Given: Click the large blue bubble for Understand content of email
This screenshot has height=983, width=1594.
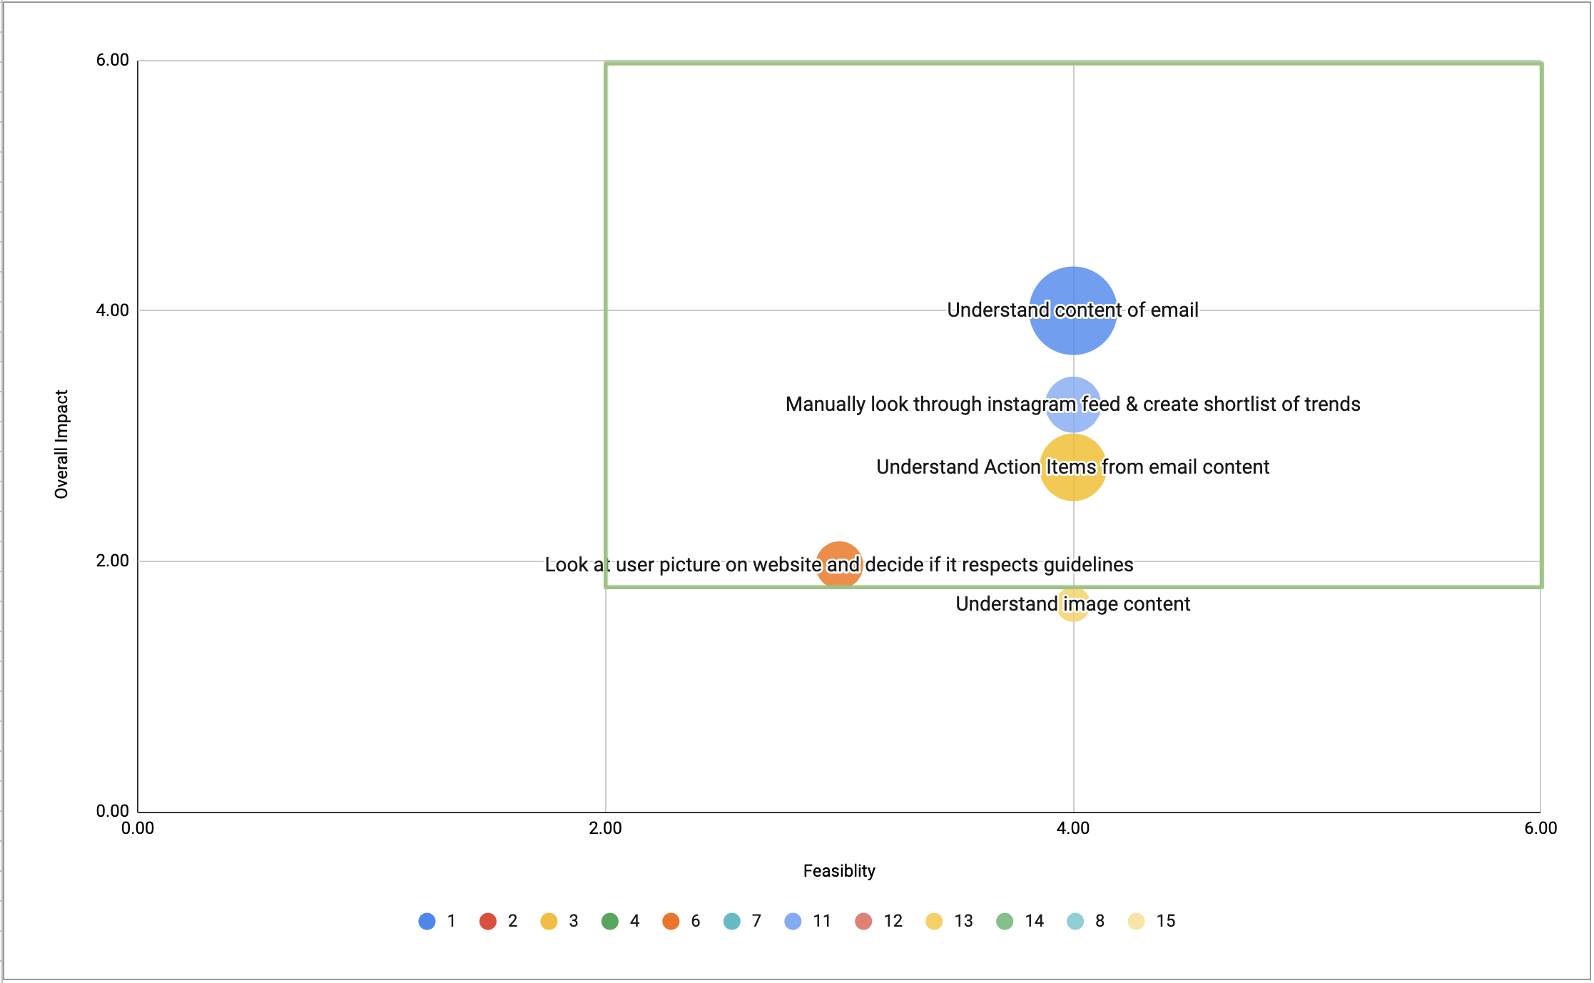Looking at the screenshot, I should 1072,335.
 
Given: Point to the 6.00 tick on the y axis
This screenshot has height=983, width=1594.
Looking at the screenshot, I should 112,60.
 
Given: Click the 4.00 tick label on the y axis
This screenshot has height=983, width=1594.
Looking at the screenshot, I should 112,310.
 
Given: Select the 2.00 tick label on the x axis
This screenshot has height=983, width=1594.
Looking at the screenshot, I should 605,828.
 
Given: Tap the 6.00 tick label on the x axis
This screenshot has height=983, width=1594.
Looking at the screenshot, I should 1540,828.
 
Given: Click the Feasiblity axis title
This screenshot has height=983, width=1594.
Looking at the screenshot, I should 839,871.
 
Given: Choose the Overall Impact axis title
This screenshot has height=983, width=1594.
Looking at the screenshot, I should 61,444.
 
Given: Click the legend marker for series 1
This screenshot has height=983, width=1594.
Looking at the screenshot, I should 427,921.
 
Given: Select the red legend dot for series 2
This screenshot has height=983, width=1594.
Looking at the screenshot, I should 488,921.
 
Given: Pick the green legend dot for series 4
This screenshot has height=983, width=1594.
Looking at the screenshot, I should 610,921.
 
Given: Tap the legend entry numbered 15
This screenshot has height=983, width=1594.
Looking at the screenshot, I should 1165,921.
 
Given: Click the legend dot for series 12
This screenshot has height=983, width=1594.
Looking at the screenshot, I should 863,921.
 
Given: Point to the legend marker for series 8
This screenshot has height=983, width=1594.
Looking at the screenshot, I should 1075,921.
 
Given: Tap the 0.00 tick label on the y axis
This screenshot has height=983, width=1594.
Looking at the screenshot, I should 112,811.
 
